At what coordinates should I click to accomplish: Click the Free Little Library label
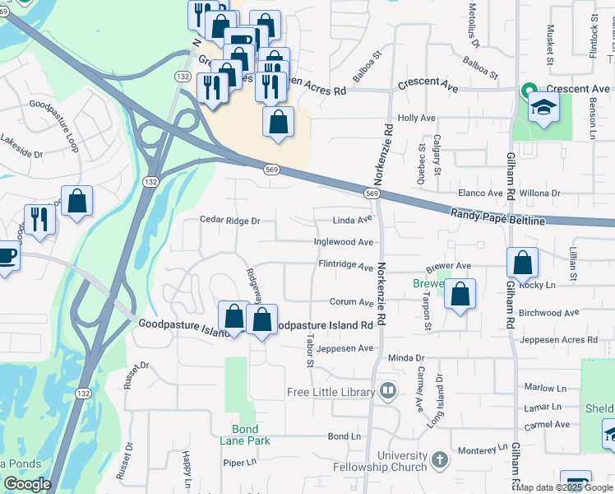tap(331, 392)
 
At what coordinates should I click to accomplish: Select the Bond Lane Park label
tap(245, 435)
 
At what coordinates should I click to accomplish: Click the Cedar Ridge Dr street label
tap(230, 221)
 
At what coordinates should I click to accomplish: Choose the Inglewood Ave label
tap(344, 242)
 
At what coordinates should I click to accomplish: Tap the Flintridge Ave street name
tap(346, 264)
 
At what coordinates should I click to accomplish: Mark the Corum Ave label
tap(351, 302)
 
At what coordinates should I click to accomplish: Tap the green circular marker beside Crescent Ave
tap(528, 89)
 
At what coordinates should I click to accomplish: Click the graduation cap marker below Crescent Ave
tap(543, 108)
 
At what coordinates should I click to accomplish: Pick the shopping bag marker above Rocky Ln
tap(522, 263)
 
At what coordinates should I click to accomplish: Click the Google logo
tap(26, 484)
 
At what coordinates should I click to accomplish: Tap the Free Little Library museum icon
tap(386, 390)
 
